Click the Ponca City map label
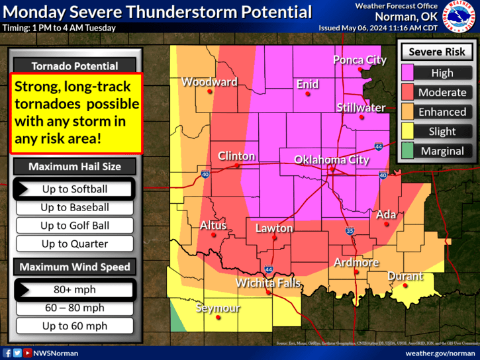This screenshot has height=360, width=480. click(360, 60)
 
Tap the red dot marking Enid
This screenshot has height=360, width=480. click(307, 94)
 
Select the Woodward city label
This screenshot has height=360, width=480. click(209, 82)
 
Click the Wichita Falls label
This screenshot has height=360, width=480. click(268, 283)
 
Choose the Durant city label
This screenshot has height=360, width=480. click(405, 275)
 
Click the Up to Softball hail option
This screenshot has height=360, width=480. click(74, 189)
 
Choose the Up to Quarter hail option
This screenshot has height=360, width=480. click(74, 244)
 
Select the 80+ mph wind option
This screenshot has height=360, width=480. click(74, 289)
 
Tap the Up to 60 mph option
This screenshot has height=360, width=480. click(74, 326)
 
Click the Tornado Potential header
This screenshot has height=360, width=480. click(74, 66)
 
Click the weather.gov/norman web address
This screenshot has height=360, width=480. click(440, 353)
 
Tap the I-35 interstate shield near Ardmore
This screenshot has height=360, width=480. click(350, 231)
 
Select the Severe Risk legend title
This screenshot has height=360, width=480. click(437, 52)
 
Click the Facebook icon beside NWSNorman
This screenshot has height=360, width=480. click(7, 353)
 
